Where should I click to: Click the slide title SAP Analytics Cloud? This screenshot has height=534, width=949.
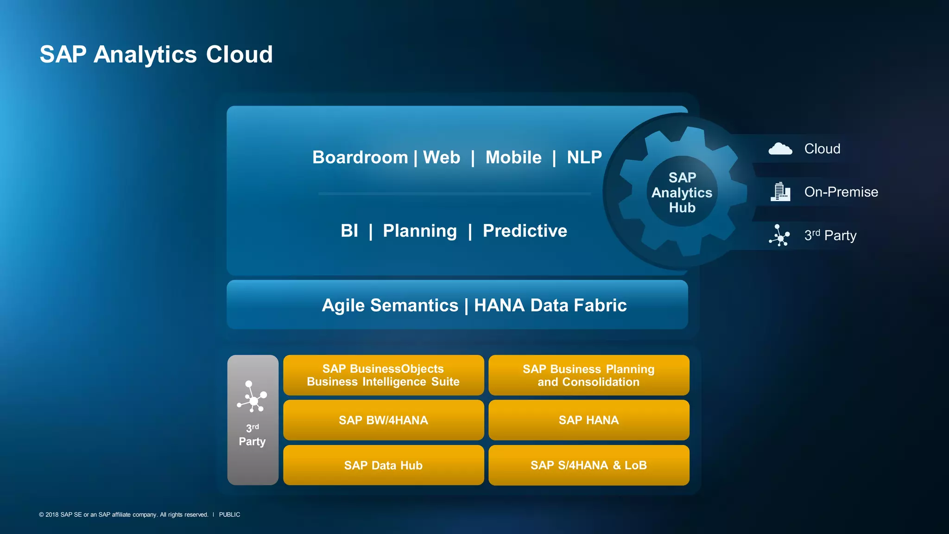click(x=156, y=54)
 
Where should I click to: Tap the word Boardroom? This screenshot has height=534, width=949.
click(x=360, y=158)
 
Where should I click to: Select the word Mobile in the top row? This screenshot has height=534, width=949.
click(x=513, y=158)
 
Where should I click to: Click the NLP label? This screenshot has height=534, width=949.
click(x=584, y=158)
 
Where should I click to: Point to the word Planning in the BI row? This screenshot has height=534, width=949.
click(x=420, y=231)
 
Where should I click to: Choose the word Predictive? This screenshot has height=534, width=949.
click(x=525, y=231)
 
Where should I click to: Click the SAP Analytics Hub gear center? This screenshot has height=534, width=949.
click(x=682, y=192)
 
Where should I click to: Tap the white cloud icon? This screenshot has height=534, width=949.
click(x=780, y=149)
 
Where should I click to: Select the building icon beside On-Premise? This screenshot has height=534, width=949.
click(x=780, y=192)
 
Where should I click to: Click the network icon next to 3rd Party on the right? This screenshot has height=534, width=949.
click(x=780, y=235)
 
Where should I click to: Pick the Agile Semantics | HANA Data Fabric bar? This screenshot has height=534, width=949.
click(x=457, y=305)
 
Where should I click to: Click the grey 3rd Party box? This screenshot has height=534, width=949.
click(x=253, y=420)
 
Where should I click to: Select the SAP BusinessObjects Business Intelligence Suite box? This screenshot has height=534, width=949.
click(x=383, y=375)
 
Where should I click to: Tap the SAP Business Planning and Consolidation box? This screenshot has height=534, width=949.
click(x=588, y=375)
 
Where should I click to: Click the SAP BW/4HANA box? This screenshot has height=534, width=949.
click(x=383, y=420)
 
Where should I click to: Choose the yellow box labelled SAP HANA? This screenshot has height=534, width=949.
click(x=588, y=420)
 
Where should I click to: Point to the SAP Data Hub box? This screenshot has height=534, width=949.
click(x=383, y=465)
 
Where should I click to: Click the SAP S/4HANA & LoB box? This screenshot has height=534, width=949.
click(x=588, y=465)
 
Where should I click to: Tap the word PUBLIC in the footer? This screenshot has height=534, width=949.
click(x=229, y=515)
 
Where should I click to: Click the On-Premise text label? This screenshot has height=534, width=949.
click(x=841, y=192)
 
